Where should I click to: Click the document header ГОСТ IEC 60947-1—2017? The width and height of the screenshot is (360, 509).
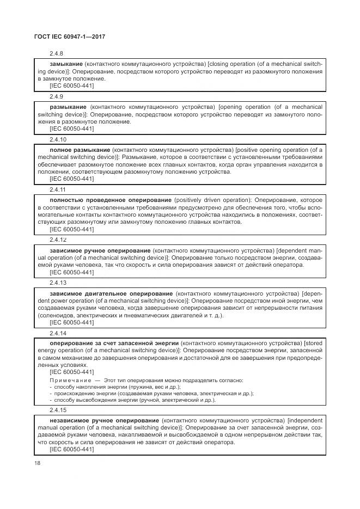point(70,36)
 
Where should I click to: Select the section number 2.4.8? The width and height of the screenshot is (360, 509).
point(57,54)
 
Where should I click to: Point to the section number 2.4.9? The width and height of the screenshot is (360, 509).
point(57,96)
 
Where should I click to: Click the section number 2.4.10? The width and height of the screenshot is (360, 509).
point(58,139)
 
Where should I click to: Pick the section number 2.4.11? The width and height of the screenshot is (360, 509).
point(58,189)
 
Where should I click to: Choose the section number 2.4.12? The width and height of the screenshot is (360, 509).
point(58,239)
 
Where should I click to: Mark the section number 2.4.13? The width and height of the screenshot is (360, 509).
point(58,283)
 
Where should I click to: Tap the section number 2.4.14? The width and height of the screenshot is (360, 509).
point(58,333)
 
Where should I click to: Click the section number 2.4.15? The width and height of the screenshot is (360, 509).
point(58,410)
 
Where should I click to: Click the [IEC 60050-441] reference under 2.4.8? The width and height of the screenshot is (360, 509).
point(72,86)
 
